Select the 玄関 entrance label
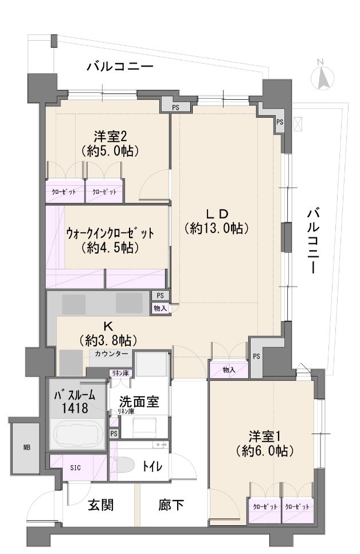(x=100, y=505)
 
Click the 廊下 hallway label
(x=171, y=505)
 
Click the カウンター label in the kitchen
(x=112, y=354)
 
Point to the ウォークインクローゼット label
(x=110, y=233)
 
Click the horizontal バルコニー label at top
(x=120, y=68)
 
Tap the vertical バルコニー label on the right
(x=312, y=241)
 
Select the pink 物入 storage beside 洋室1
(x=228, y=370)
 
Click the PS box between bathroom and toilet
(x=114, y=433)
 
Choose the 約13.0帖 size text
(x=216, y=228)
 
